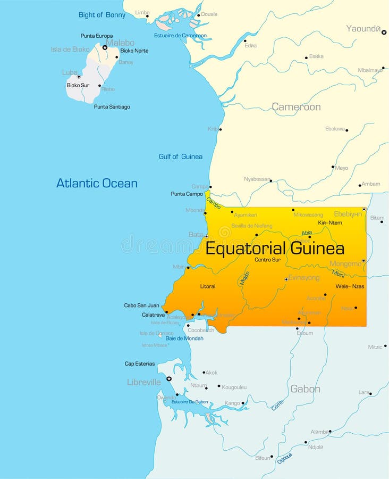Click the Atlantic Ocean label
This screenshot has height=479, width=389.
(x=97, y=184)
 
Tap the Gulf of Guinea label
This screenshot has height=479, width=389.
(x=180, y=156)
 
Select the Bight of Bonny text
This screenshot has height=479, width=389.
(x=102, y=15)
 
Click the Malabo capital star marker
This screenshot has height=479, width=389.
(x=105, y=47)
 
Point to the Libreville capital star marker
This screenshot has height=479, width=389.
(x=169, y=379)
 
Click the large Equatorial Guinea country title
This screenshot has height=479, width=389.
(x=275, y=249)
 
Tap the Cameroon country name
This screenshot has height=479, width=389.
(x=296, y=107)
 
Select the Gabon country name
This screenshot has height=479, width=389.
(x=305, y=389)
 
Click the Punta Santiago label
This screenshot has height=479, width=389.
(x=112, y=107)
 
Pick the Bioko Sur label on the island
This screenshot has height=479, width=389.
(x=78, y=85)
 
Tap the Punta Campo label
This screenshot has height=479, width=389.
(x=187, y=194)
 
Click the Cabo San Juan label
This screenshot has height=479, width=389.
(x=141, y=305)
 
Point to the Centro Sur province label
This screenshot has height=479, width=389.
(x=267, y=260)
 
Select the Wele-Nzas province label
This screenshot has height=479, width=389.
(x=350, y=286)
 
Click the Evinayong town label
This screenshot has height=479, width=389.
(x=304, y=277)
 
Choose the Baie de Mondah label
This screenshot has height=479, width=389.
(x=184, y=338)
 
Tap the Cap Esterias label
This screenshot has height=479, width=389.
(x=140, y=364)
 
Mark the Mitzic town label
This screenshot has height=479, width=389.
(x=375, y=347)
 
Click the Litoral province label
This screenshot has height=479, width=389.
(x=208, y=286)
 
